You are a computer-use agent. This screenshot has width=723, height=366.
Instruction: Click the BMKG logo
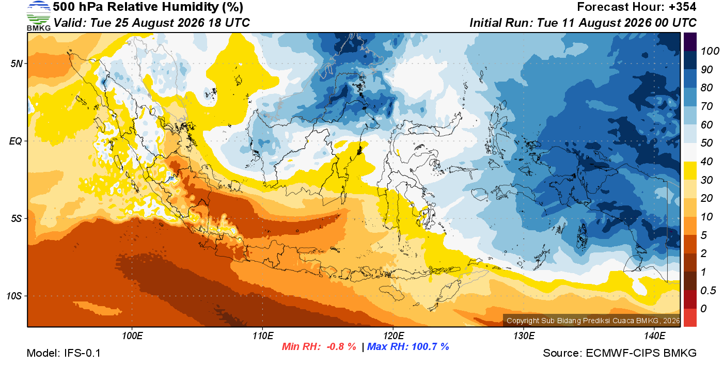click(38, 15)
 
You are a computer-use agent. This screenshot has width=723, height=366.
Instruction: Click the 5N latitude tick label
click(17, 63)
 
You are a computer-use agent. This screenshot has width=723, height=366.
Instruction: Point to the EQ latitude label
click(15, 141)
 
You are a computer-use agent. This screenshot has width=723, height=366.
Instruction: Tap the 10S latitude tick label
click(14, 296)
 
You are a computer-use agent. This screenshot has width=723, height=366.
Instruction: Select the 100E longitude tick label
click(132, 336)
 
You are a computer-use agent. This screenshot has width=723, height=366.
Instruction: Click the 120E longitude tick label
click(394, 336)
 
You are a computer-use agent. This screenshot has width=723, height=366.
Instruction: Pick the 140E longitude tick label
click(654, 336)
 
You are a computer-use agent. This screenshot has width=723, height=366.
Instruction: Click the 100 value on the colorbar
click(710, 51)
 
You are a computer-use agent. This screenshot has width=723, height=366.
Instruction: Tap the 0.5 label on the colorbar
click(708, 291)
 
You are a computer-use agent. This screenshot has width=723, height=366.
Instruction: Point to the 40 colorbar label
click(706, 162)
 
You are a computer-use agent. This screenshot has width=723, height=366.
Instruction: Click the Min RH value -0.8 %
click(341, 346)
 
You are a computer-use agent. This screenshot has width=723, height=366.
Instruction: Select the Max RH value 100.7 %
click(430, 346)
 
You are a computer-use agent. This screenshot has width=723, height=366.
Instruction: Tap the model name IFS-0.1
click(82, 353)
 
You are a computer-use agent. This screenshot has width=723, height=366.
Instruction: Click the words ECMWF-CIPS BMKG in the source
click(641, 353)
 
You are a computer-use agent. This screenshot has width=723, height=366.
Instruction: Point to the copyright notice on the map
click(593, 321)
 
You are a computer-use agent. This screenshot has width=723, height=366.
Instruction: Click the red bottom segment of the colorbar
click(690, 317)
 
